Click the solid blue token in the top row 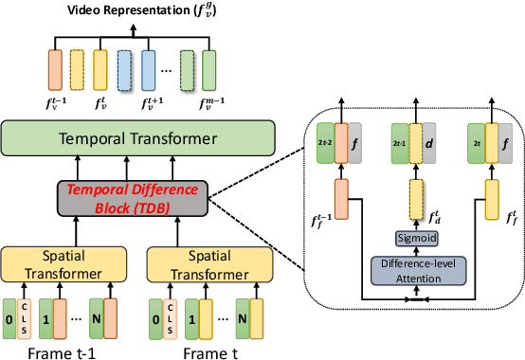click(x=148, y=67)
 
